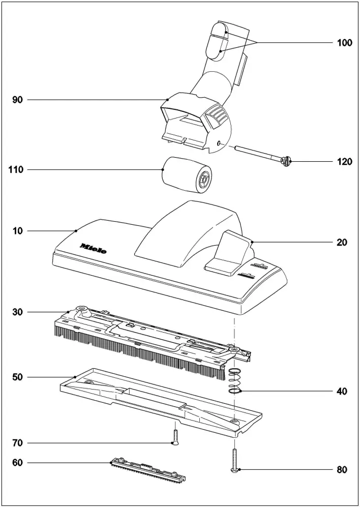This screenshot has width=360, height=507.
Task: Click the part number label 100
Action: (x=344, y=43)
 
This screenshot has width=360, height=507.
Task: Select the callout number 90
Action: (x=18, y=100)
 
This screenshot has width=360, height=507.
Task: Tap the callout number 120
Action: (x=344, y=162)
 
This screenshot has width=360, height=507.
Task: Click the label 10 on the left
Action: (x=18, y=231)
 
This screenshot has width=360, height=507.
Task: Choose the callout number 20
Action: (x=342, y=243)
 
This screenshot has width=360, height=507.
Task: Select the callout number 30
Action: (x=18, y=311)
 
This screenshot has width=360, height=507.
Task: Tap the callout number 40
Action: (x=342, y=392)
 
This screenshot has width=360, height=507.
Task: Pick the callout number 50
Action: (x=18, y=377)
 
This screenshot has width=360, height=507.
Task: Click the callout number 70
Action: (x=18, y=443)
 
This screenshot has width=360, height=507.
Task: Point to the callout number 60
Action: (x=18, y=463)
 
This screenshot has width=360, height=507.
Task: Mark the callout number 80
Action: (x=342, y=470)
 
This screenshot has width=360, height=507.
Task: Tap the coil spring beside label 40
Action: (x=234, y=381)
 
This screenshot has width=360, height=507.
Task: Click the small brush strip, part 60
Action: (x=147, y=471)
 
